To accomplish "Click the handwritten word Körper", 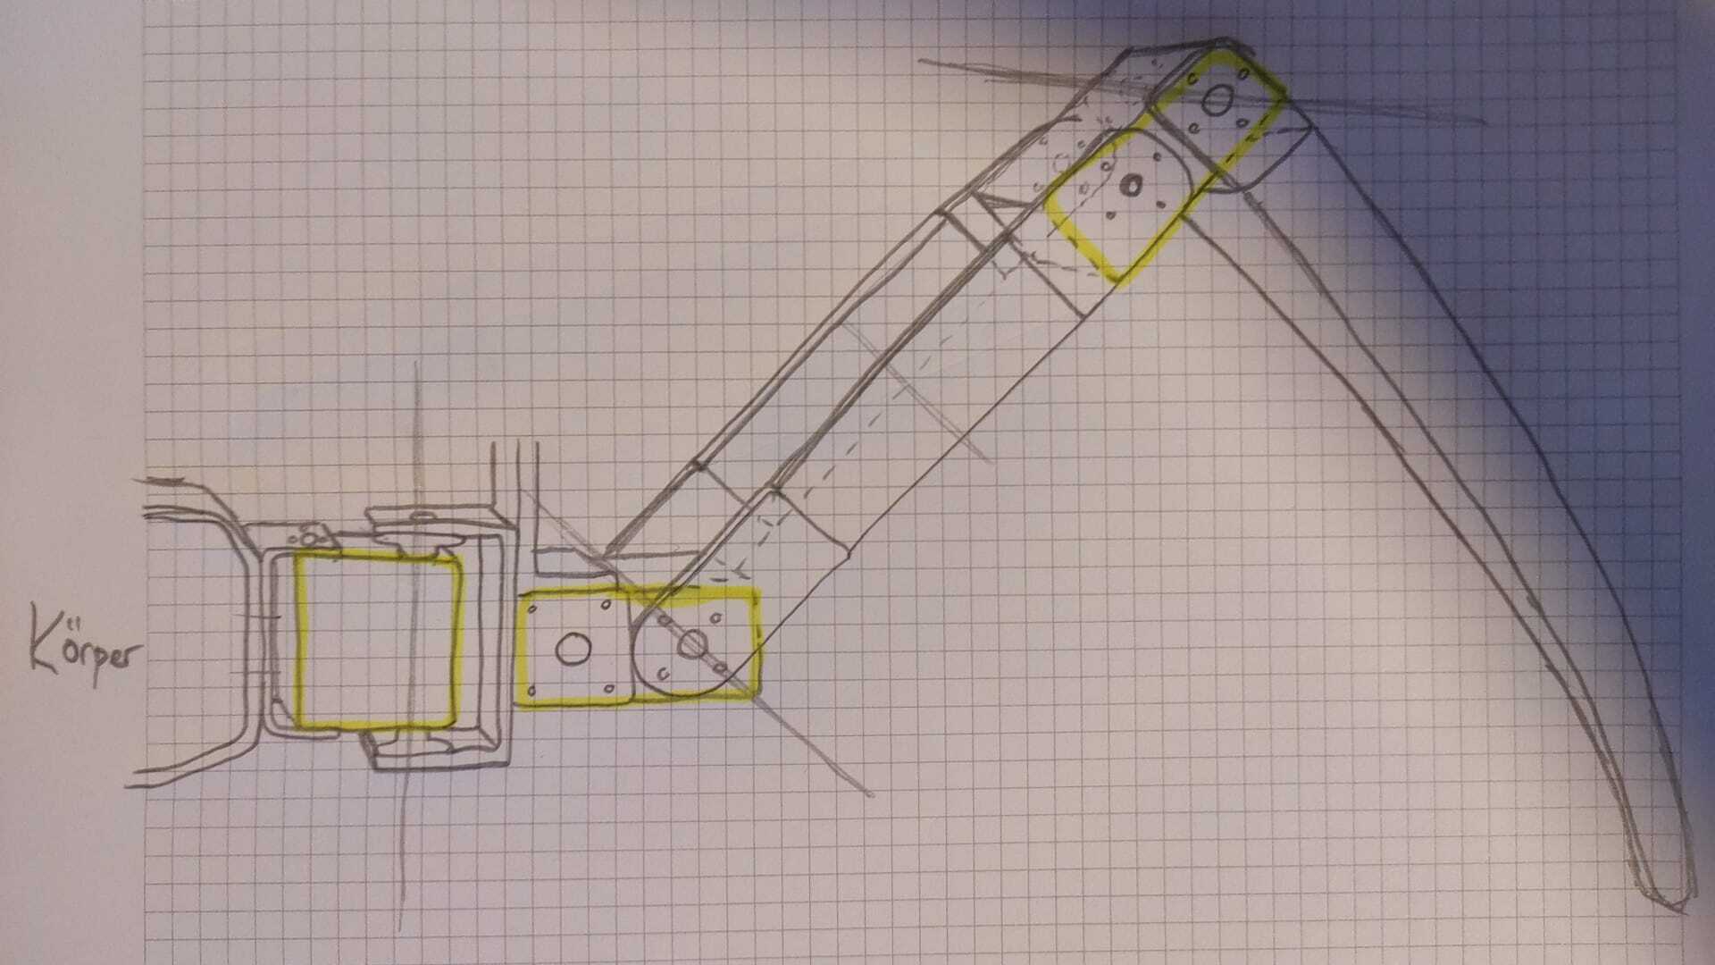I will [85, 645].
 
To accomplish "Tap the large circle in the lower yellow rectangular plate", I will [573, 650].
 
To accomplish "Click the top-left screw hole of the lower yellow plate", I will [532, 609].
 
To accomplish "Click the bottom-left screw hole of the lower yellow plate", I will [532, 691].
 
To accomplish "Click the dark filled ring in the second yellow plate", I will [1132, 186].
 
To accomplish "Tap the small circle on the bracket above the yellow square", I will [309, 538].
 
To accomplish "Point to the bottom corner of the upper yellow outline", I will [1117, 281].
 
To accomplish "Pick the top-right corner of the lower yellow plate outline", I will [756, 590].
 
